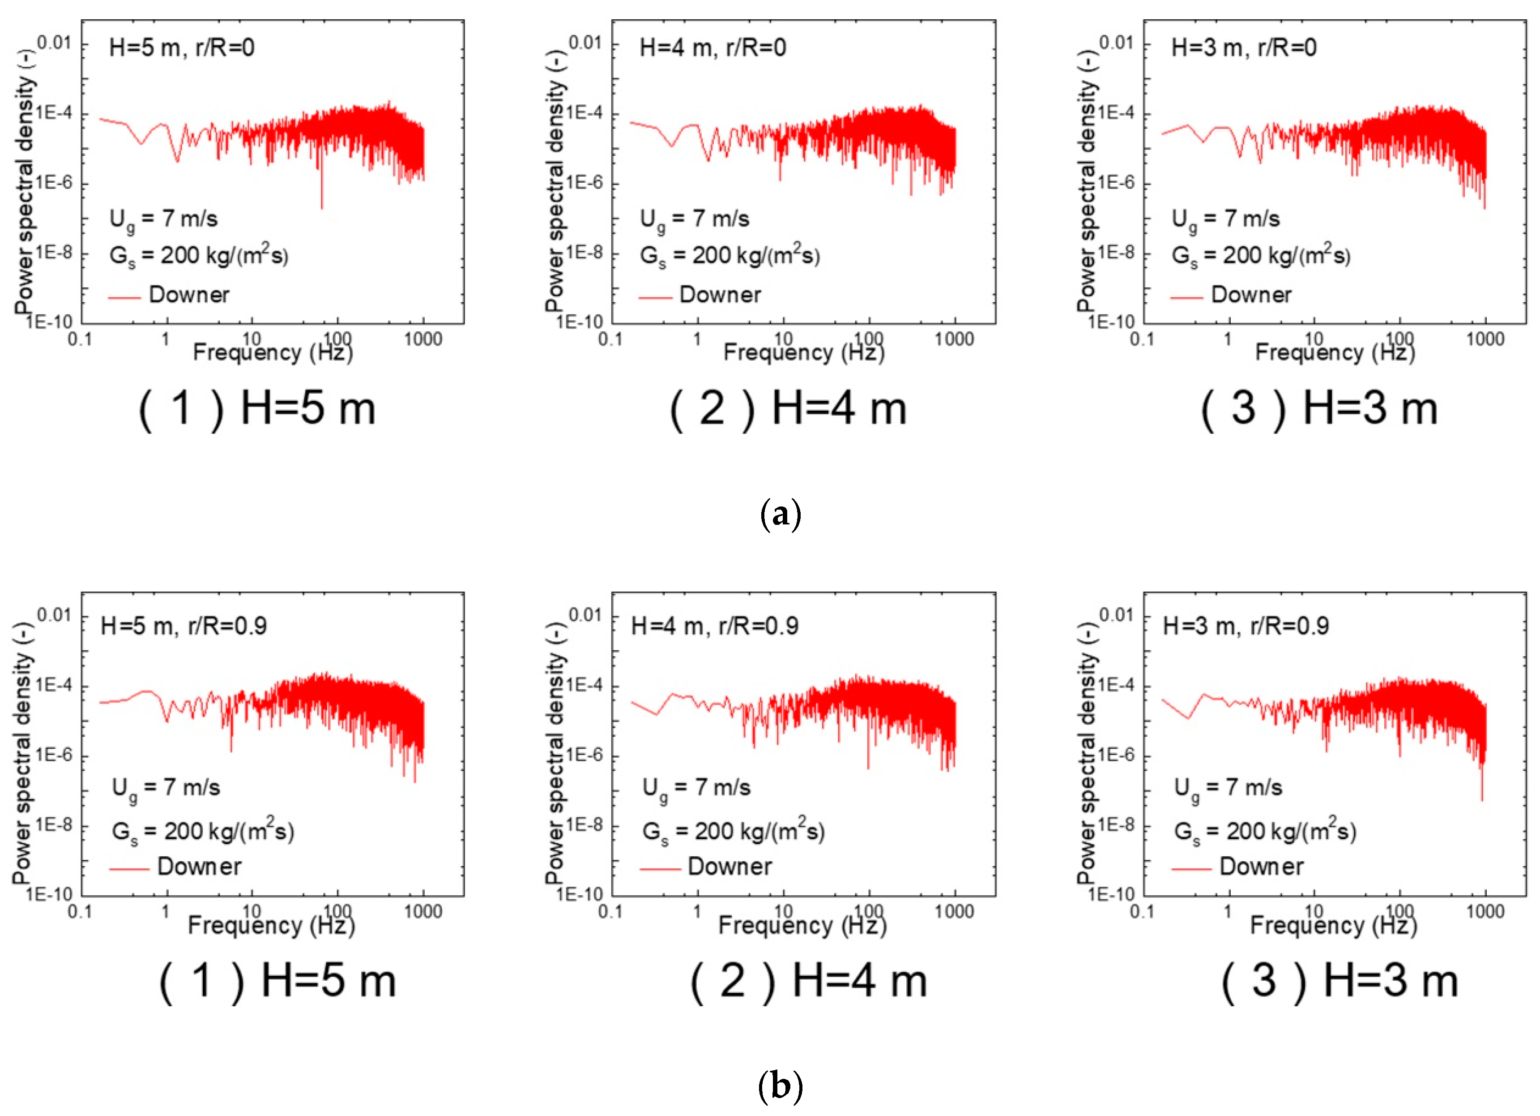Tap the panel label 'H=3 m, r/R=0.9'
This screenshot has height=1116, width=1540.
(1246, 626)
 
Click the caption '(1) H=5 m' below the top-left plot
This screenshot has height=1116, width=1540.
(257, 409)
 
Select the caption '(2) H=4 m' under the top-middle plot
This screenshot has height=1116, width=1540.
(788, 409)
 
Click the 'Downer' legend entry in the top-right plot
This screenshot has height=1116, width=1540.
(1251, 295)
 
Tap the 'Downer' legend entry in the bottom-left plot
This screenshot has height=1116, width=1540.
(199, 867)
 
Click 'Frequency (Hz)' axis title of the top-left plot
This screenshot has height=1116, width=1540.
(273, 352)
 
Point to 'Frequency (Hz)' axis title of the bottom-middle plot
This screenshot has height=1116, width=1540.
(802, 925)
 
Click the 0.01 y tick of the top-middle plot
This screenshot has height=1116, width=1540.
(584, 43)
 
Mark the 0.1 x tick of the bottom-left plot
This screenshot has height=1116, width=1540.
(80, 911)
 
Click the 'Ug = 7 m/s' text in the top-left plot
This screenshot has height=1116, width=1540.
(164, 219)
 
